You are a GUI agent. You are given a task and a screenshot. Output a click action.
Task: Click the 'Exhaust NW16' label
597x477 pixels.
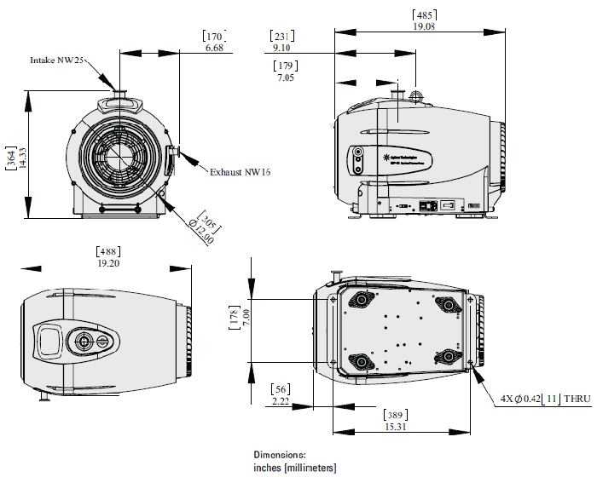[x=240, y=172]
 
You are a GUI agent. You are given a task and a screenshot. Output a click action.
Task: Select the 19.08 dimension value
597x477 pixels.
[x=425, y=26]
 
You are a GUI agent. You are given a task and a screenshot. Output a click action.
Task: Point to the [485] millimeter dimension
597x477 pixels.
[x=425, y=14]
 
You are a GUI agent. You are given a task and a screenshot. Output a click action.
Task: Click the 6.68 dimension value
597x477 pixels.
[x=214, y=49]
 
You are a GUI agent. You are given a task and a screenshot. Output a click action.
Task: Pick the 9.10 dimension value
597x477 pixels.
[x=281, y=49]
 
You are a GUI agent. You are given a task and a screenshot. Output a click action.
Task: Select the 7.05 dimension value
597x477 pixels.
[x=285, y=78]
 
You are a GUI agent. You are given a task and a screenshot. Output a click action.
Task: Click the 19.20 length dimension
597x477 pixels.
[x=108, y=263]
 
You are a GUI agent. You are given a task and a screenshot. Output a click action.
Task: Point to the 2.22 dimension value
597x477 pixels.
[x=281, y=400]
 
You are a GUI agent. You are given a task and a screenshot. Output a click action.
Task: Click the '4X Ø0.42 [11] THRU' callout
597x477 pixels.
[x=544, y=398]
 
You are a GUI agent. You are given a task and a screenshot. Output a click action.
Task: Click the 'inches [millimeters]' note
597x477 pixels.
[x=294, y=468]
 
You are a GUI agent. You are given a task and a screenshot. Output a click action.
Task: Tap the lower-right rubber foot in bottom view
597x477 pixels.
[x=446, y=360]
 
